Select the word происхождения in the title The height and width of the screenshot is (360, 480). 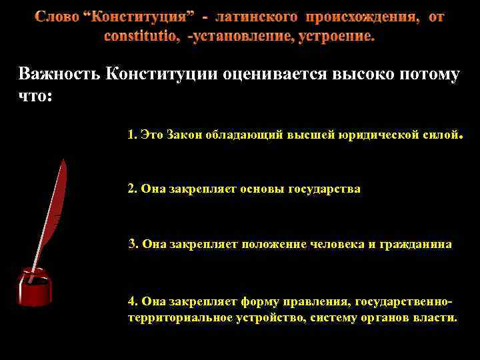tap(363, 16)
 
